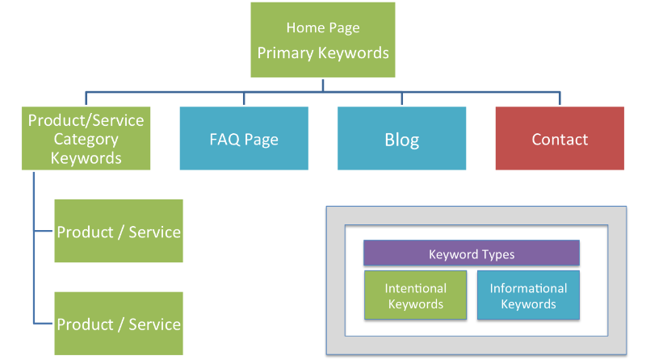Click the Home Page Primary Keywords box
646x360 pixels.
coord(322,40)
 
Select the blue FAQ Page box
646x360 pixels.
coord(244,138)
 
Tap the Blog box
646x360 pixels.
coord(401,138)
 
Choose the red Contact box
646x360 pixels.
coord(560,138)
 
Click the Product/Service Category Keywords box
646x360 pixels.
coord(86,138)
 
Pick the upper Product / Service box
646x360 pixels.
coord(119,231)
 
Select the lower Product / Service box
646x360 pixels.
coord(119,324)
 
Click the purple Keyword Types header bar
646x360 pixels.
coord(471,253)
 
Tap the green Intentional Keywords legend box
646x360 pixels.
coord(415,295)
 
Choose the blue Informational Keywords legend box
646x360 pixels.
coord(528,295)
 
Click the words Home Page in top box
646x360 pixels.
coord(323,28)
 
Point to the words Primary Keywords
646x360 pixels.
coord(323,53)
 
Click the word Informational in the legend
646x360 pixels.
coord(528,288)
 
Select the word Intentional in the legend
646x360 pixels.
coord(415,288)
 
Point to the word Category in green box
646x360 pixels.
coord(86,139)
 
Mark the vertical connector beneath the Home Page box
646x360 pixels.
coord(322,85)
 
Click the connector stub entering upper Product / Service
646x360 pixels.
coord(44,231)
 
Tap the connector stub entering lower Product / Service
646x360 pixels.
coord(44,324)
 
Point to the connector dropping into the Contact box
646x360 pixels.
coord(560,99)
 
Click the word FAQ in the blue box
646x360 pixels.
coord(222,139)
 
